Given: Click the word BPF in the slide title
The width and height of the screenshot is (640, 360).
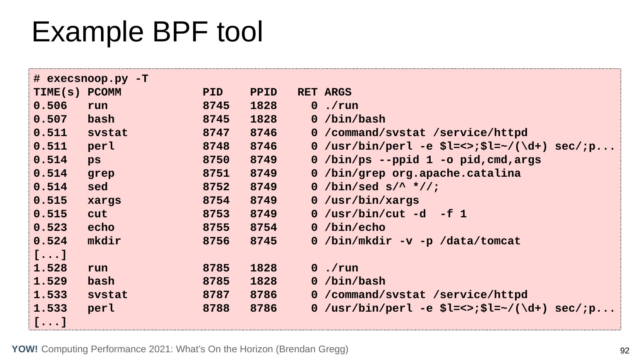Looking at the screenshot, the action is point(180,32).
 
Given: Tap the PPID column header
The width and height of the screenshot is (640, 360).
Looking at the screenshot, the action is point(264,92).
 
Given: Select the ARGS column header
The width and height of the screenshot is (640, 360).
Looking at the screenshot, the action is point(338,92).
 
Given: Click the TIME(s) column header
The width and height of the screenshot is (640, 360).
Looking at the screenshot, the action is point(57,92).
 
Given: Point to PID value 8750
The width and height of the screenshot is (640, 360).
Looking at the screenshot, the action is point(216,160).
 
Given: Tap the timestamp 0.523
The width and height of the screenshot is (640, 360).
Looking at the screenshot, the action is point(50,227).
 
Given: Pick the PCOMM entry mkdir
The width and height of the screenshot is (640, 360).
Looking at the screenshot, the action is point(104,241).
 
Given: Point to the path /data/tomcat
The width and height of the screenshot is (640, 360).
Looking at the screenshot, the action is point(480,241).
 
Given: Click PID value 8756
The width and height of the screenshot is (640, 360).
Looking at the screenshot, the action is point(216,241).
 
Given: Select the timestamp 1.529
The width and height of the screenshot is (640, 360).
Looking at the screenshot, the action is point(50,282).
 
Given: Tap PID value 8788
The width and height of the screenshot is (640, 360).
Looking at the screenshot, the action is point(216,309).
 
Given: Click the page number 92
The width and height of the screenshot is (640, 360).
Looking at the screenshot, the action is point(625,351).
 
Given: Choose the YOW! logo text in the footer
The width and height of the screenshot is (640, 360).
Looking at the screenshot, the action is point(25,349).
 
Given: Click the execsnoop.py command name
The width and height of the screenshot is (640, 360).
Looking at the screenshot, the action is point(87,79).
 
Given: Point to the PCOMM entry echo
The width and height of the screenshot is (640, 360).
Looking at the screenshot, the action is point(101,227).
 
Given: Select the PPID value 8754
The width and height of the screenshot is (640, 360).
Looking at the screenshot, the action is point(264,227).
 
